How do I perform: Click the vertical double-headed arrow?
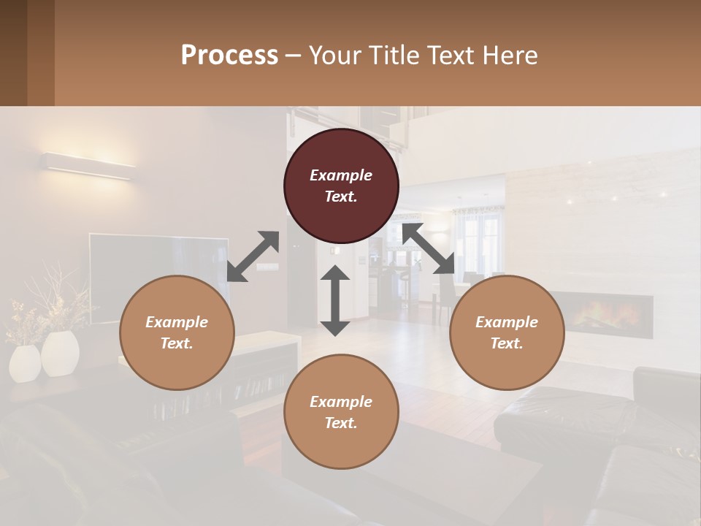(335, 300)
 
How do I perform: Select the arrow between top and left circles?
(253, 256)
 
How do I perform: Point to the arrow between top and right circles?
(429, 249)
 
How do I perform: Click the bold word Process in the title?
(229, 55)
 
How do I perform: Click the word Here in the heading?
(510, 55)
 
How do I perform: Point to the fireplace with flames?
(601, 316)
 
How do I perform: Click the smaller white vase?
(25, 363)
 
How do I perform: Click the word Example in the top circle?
(341, 175)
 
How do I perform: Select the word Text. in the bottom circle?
(341, 423)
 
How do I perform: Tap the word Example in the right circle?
(507, 322)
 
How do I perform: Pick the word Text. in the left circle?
(177, 343)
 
